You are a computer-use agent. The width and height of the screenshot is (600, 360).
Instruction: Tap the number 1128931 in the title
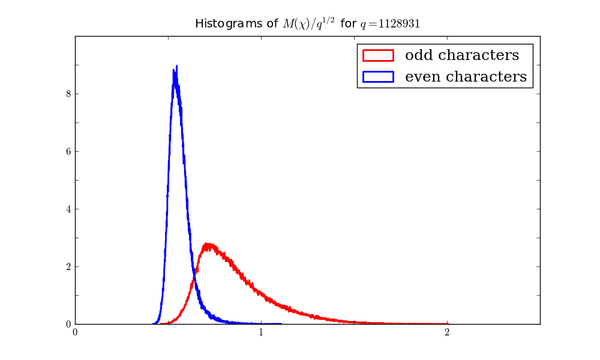404,24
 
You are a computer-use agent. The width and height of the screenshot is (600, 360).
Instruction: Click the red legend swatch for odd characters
377,55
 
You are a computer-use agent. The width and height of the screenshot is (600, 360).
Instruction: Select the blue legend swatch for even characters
377,76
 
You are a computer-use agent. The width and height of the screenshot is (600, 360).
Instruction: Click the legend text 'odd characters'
462,55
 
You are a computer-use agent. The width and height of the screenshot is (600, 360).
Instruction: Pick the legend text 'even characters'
466,76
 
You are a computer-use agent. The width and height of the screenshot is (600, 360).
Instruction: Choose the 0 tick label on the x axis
75,332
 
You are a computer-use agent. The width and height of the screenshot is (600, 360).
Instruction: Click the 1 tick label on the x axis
261,332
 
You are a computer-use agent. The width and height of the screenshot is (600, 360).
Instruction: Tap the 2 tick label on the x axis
447,332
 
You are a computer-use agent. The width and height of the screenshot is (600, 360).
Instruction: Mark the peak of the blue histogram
176,67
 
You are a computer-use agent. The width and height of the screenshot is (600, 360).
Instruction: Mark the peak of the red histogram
208,244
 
